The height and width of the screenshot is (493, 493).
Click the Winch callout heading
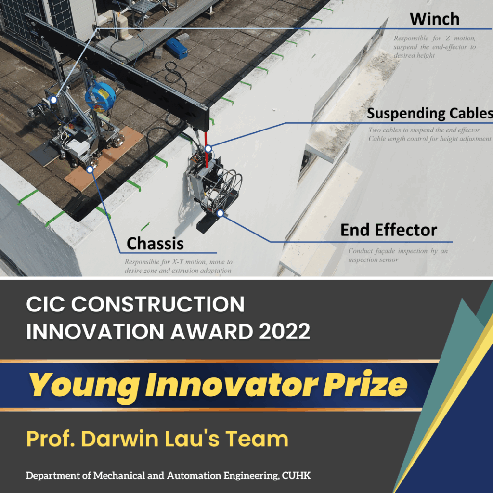(435, 19)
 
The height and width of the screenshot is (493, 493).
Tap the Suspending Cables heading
(430, 113)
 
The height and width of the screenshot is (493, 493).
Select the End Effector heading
(389, 230)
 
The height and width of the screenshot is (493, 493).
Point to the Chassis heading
(155, 244)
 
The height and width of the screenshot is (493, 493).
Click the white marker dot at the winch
(53, 100)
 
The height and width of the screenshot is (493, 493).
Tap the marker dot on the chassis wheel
(90, 170)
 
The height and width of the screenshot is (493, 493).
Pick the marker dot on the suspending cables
(208, 148)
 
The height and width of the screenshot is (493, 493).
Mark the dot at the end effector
(221, 213)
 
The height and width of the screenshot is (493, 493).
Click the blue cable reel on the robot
(100, 96)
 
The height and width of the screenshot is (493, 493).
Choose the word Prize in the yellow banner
(365, 384)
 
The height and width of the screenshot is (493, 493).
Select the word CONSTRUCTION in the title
(158, 304)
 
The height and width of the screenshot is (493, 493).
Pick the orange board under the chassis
(104, 159)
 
